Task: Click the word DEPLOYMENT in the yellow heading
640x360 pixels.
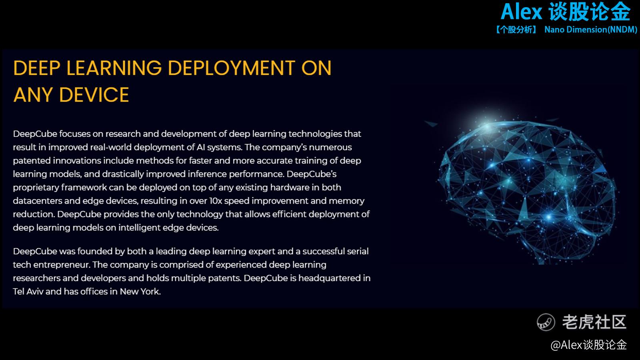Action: click(232, 68)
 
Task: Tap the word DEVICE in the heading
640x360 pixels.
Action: click(94, 95)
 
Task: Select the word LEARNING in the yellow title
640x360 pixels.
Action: click(114, 68)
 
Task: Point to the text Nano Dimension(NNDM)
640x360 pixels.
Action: click(590, 30)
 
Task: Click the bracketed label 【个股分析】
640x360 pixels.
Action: click(516, 30)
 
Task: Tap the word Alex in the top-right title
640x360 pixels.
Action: click(522, 12)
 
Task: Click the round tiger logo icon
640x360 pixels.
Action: click(546, 322)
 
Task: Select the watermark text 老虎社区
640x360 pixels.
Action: click(594, 322)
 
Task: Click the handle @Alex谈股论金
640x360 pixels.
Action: click(588, 345)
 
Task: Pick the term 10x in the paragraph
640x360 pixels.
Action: click(216, 201)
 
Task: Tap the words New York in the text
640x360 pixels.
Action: click(140, 292)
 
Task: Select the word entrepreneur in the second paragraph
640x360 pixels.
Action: click(62, 265)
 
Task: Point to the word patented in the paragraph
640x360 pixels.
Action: click(32, 161)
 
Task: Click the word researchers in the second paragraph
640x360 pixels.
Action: click(36, 278)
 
